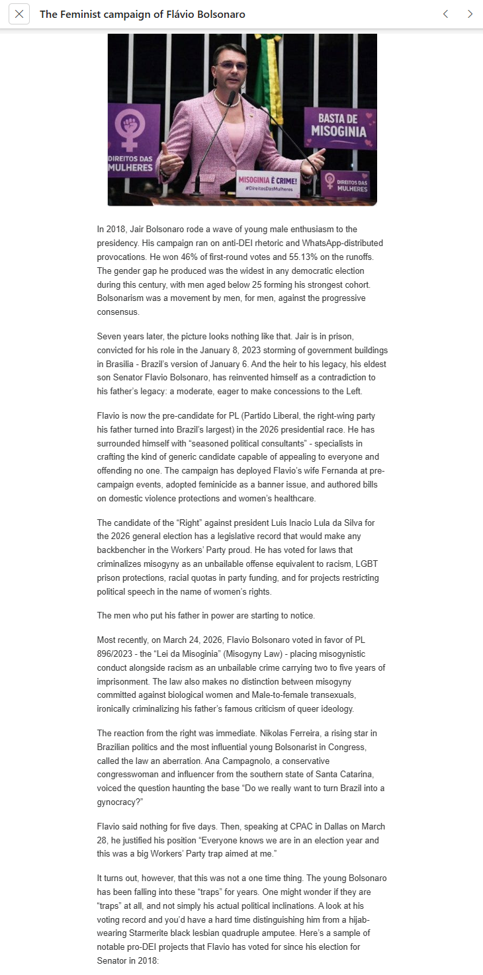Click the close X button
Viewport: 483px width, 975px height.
[x=19, y=14]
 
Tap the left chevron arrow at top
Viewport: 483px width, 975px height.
[x=445, y=14]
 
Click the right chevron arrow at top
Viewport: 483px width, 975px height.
[x=470, y=14]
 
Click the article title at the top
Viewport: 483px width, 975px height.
[x=142, y=14]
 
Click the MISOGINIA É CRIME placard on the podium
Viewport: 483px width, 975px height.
[x=268, y=183]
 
